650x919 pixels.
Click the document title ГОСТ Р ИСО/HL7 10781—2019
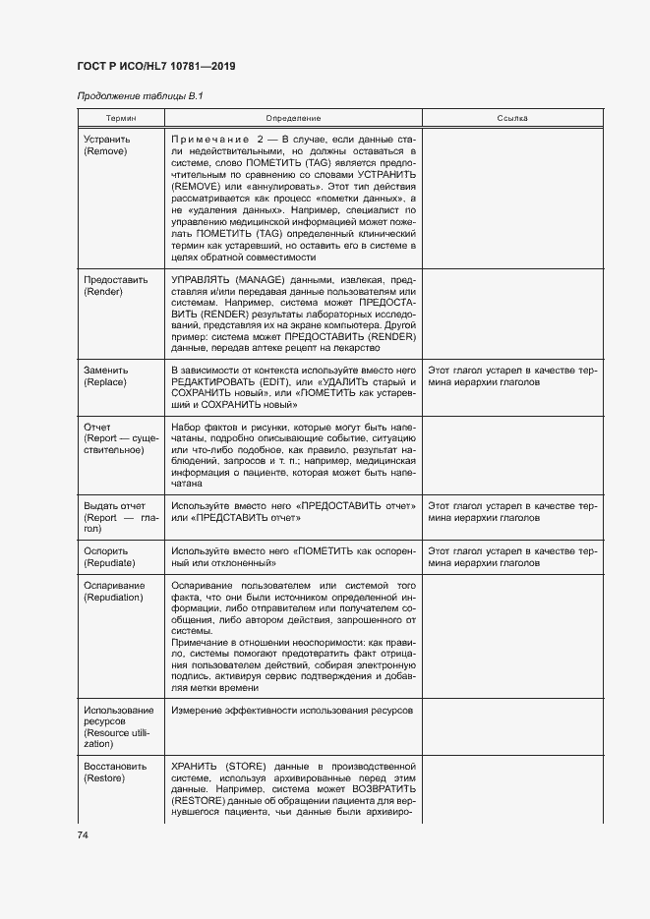pyautogui.click(x=155, y=66)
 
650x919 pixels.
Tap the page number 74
pyautogui.click(x=83, y=834)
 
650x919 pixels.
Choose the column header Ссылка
pyautogui.click(x=511, y=118)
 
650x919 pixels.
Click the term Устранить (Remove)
pyautogui.click(x=107, y=146)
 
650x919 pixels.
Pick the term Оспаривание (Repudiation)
pyautogui.click(x=114, y=592)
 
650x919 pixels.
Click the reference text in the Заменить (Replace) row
pyautogui.click(x=511, y=374)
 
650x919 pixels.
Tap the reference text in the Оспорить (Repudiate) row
pyautogui.click(x=511, y=557)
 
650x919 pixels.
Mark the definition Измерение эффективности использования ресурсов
pyautogui.click(x=292, y=710)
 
